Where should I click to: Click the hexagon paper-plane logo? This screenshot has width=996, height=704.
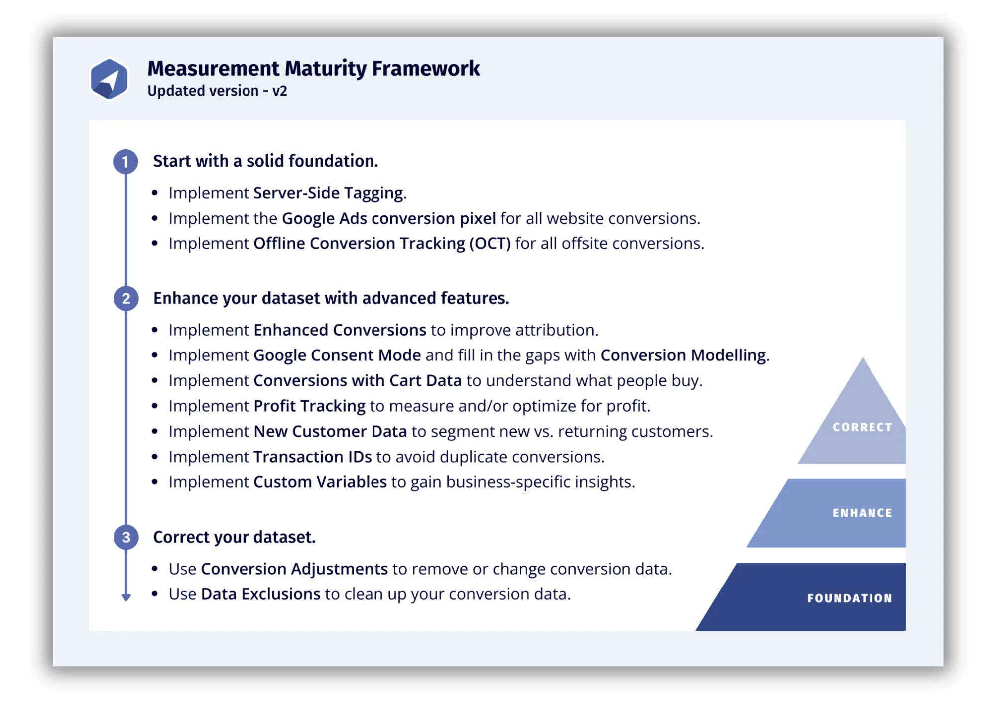(109, 79)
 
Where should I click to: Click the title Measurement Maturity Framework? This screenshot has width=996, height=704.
(314, 69)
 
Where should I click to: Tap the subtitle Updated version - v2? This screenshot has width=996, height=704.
(217, 91)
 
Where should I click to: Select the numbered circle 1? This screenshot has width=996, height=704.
(125, 162)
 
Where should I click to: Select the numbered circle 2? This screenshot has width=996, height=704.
(126, 299)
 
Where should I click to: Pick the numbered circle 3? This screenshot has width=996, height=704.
(126, 537)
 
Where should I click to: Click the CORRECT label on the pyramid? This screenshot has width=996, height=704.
(863, 427)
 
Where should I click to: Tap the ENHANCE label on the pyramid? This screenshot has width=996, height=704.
(863, 513)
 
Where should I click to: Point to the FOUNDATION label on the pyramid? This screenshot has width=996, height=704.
(850, 598)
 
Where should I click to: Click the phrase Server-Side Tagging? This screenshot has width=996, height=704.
(328, 193)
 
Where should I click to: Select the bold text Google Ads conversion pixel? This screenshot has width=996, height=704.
(389, 219)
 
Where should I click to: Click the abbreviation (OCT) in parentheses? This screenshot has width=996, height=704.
(490, 244)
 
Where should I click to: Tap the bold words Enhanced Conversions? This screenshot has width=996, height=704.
(340, 330)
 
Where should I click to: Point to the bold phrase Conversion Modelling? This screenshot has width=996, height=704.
(683, 355)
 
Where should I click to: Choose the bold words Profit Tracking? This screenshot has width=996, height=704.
(309, 406)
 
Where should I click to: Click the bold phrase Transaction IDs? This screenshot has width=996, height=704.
(313, 457)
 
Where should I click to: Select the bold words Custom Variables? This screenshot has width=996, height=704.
(320, 482)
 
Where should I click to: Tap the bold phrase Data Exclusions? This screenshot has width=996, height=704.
(260, 594)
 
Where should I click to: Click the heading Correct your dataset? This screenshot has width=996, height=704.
(235, 537)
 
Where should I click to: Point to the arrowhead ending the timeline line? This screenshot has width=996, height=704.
(126, 597)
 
